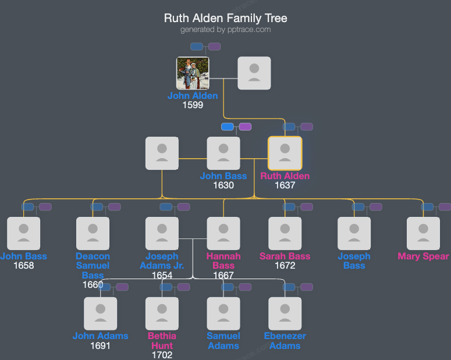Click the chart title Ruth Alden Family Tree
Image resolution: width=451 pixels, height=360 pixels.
225,18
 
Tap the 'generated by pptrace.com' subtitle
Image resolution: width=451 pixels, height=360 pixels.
225,30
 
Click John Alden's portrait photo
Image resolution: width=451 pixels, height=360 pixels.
193,73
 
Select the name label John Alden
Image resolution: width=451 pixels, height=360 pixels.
193,96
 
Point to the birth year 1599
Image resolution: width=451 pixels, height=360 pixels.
193,105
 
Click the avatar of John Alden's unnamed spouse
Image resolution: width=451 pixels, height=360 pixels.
254,73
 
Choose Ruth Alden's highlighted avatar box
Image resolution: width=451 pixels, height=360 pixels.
285,154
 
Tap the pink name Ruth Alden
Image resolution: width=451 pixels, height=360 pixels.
285,176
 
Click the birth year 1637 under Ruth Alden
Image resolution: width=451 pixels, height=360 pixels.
285,186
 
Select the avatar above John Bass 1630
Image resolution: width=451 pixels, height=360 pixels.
223,154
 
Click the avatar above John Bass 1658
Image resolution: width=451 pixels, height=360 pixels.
23,234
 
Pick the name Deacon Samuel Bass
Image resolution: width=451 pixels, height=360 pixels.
93,265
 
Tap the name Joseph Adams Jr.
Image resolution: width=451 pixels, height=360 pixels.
162,261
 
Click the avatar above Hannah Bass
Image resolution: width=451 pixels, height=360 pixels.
223,234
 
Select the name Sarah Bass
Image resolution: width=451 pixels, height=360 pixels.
285,256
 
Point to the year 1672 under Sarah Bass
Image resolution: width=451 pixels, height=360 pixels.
285,266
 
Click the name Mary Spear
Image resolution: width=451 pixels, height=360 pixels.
423,256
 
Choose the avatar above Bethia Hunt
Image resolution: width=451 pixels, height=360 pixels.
162,314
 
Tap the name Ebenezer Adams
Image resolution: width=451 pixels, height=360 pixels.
285,341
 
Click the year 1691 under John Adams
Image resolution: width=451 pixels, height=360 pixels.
100,346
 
